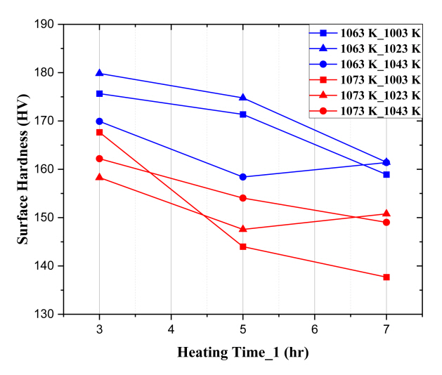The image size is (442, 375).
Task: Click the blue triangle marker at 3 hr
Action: point(99,73)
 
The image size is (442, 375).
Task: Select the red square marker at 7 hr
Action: point(386,277)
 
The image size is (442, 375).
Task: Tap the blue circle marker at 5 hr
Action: point(243,177)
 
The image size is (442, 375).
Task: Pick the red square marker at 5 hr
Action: point(243,246)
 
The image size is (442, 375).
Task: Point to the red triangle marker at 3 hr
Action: point(99,177)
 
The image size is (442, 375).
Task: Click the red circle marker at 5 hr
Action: point(243,198)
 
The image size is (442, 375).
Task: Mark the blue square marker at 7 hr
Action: point(386,174)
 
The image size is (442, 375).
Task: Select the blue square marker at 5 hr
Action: point(243,114)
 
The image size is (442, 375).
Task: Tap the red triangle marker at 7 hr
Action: point(386,213)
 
